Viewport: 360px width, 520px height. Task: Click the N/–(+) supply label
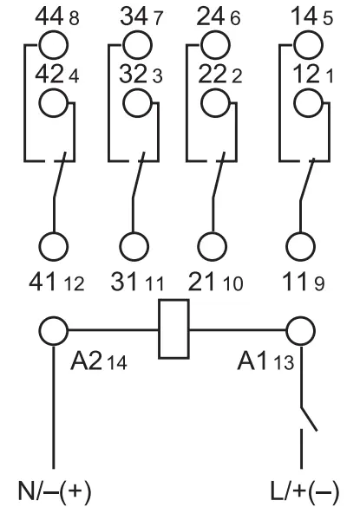[x=55, y=491]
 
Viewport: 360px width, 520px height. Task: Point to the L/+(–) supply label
[x=305, y=491]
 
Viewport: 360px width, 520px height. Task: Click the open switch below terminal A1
[x=309, y=419]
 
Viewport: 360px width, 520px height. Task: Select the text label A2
[x=86, y=361]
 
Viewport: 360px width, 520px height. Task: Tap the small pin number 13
[x=284, y=362]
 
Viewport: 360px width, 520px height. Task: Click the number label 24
[x=210, y=16]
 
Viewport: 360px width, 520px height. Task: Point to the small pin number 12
[x=74, y=284]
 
